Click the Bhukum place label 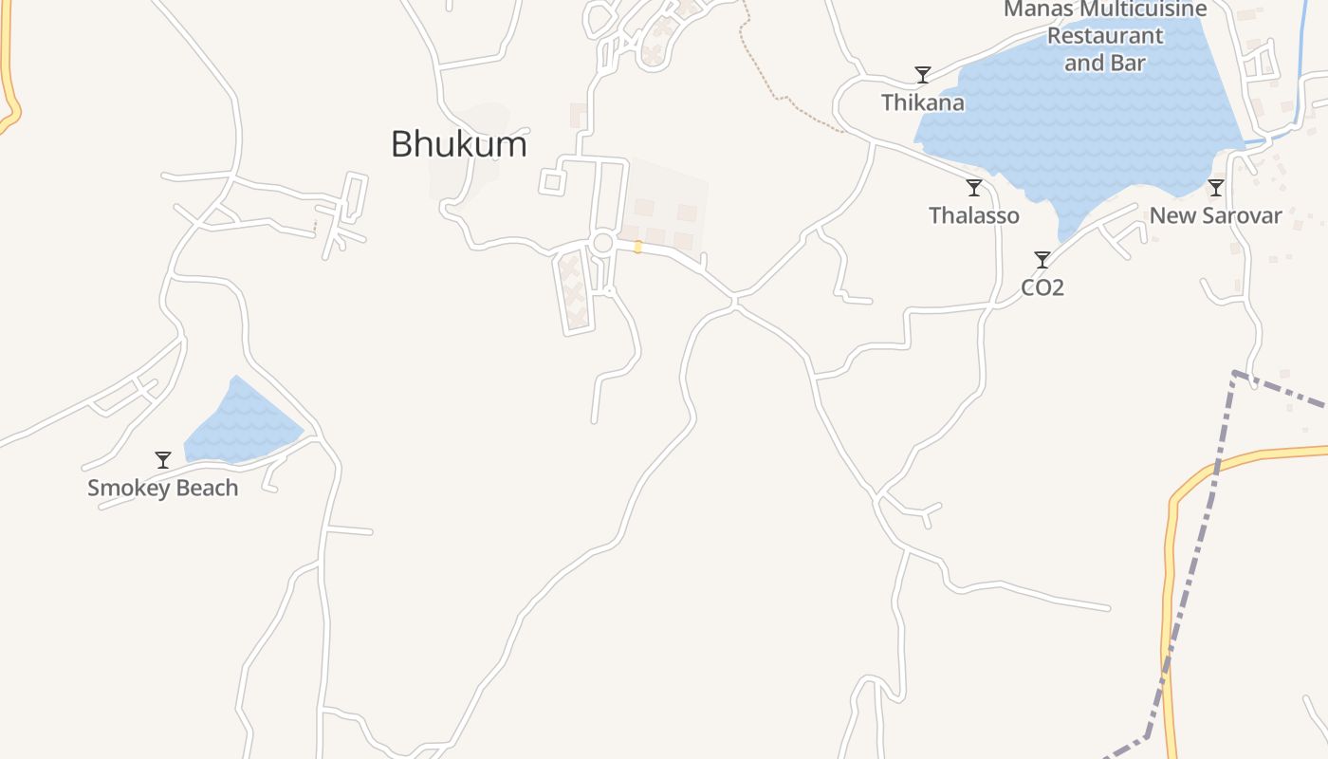point(459,144)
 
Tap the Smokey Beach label point(162,489)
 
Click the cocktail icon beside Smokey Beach point(163,460)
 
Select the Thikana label point(922,102)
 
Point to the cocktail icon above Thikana point(922,74)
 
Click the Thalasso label point(973,215)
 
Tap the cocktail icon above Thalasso point(973,188)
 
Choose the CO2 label point(1042,287)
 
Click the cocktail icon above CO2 point(1042,260)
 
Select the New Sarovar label point(1215,215)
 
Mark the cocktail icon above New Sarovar point(1215,188)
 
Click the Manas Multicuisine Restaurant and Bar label point(1104,36)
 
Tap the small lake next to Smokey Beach point(242,424)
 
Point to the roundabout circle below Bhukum point(602,243)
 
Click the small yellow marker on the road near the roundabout point(637,247)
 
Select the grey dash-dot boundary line point(1197,531)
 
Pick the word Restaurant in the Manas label point(1104,36)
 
